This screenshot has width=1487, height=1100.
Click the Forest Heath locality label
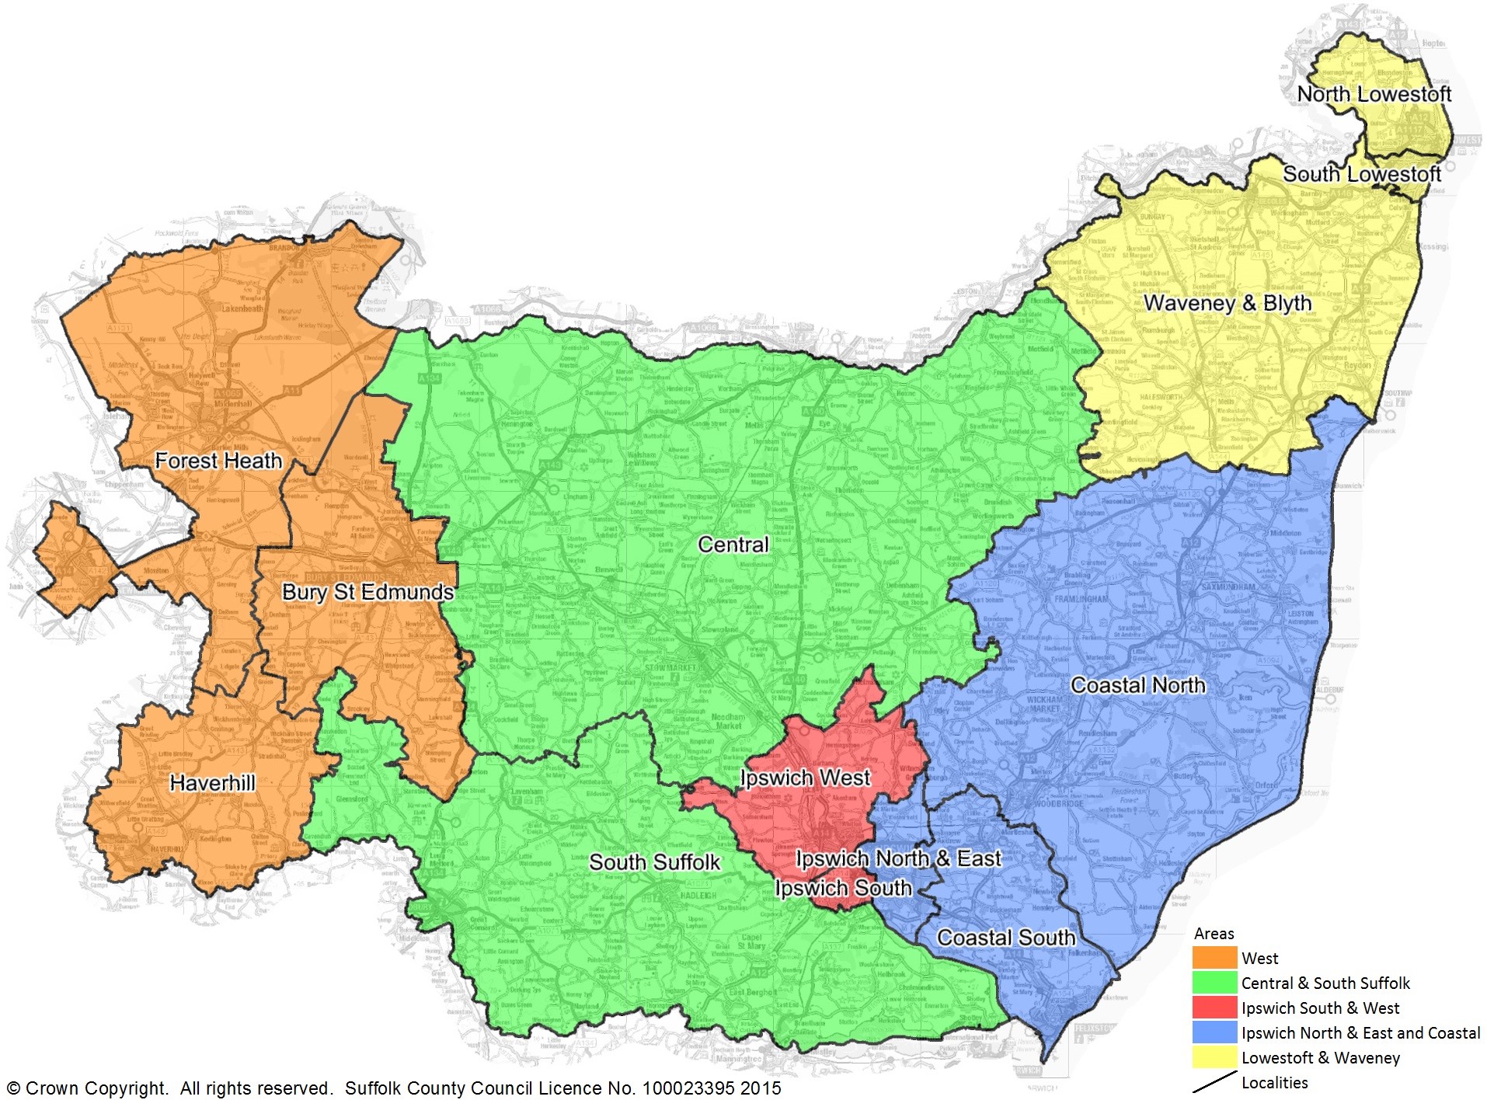pyautogui.click(x=218, y=461)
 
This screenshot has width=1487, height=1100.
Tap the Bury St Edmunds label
pyautogui.click(x=367, y=592)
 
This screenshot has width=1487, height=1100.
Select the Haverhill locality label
pyautogui.click(x=212, y=782)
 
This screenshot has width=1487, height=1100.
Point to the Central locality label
pyautogui.click(x=733, y=545)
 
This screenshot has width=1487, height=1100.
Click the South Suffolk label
pyautogui.click(x=654, y=862)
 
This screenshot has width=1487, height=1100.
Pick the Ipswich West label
pyautogui.click(x=805, y=778)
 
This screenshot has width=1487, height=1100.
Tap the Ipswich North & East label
pyautogui.click(x=899, y=858)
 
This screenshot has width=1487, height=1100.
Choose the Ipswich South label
pyautogui.click(x=843, y=888)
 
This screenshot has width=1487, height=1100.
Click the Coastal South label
pyautogui.click(x=1005, y=938)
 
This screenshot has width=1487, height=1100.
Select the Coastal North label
pyautogui.click(x=1138, y=685)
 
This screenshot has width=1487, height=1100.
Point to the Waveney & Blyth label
pyautogui.click(x=1228, y=303)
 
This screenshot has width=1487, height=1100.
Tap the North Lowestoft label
pyautogui.click(x=1374, y=94)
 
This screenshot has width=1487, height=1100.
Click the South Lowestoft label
pyautogui.click(x=1361, y=174)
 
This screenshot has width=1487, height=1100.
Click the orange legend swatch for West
pyautogui.click(x=1214, y=958)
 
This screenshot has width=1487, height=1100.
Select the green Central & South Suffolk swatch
pyautogui.click(x=1214, y=983)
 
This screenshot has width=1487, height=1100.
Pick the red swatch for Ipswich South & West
pyautogui.click(x=1214, y=1008)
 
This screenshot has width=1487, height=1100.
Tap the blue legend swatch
pyautogui.click(x=1214, y=1032)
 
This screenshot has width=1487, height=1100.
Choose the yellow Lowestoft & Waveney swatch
pyautogui.click(x=1214, y=1057)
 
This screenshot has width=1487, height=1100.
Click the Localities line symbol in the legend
pyautogui.click(x=1214, y=1082)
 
